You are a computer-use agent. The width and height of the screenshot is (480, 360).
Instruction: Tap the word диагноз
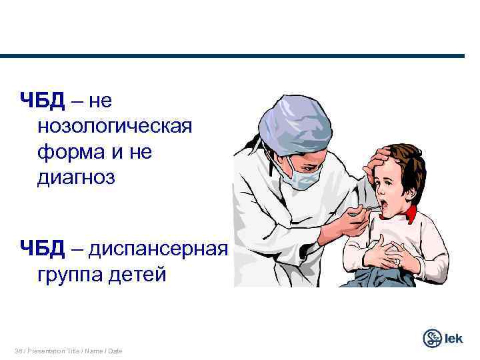point(77,178)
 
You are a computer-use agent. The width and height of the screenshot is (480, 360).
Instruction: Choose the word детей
point(138,274)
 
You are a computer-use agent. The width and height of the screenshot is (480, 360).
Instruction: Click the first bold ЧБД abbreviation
point(42,101)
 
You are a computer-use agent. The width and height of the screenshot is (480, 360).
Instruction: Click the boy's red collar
point(409,214)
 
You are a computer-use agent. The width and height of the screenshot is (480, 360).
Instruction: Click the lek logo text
point(455,339)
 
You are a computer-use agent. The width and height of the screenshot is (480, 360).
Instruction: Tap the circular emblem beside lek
point(433,338)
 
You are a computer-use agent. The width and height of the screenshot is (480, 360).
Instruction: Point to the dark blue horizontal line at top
point(240,56)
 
